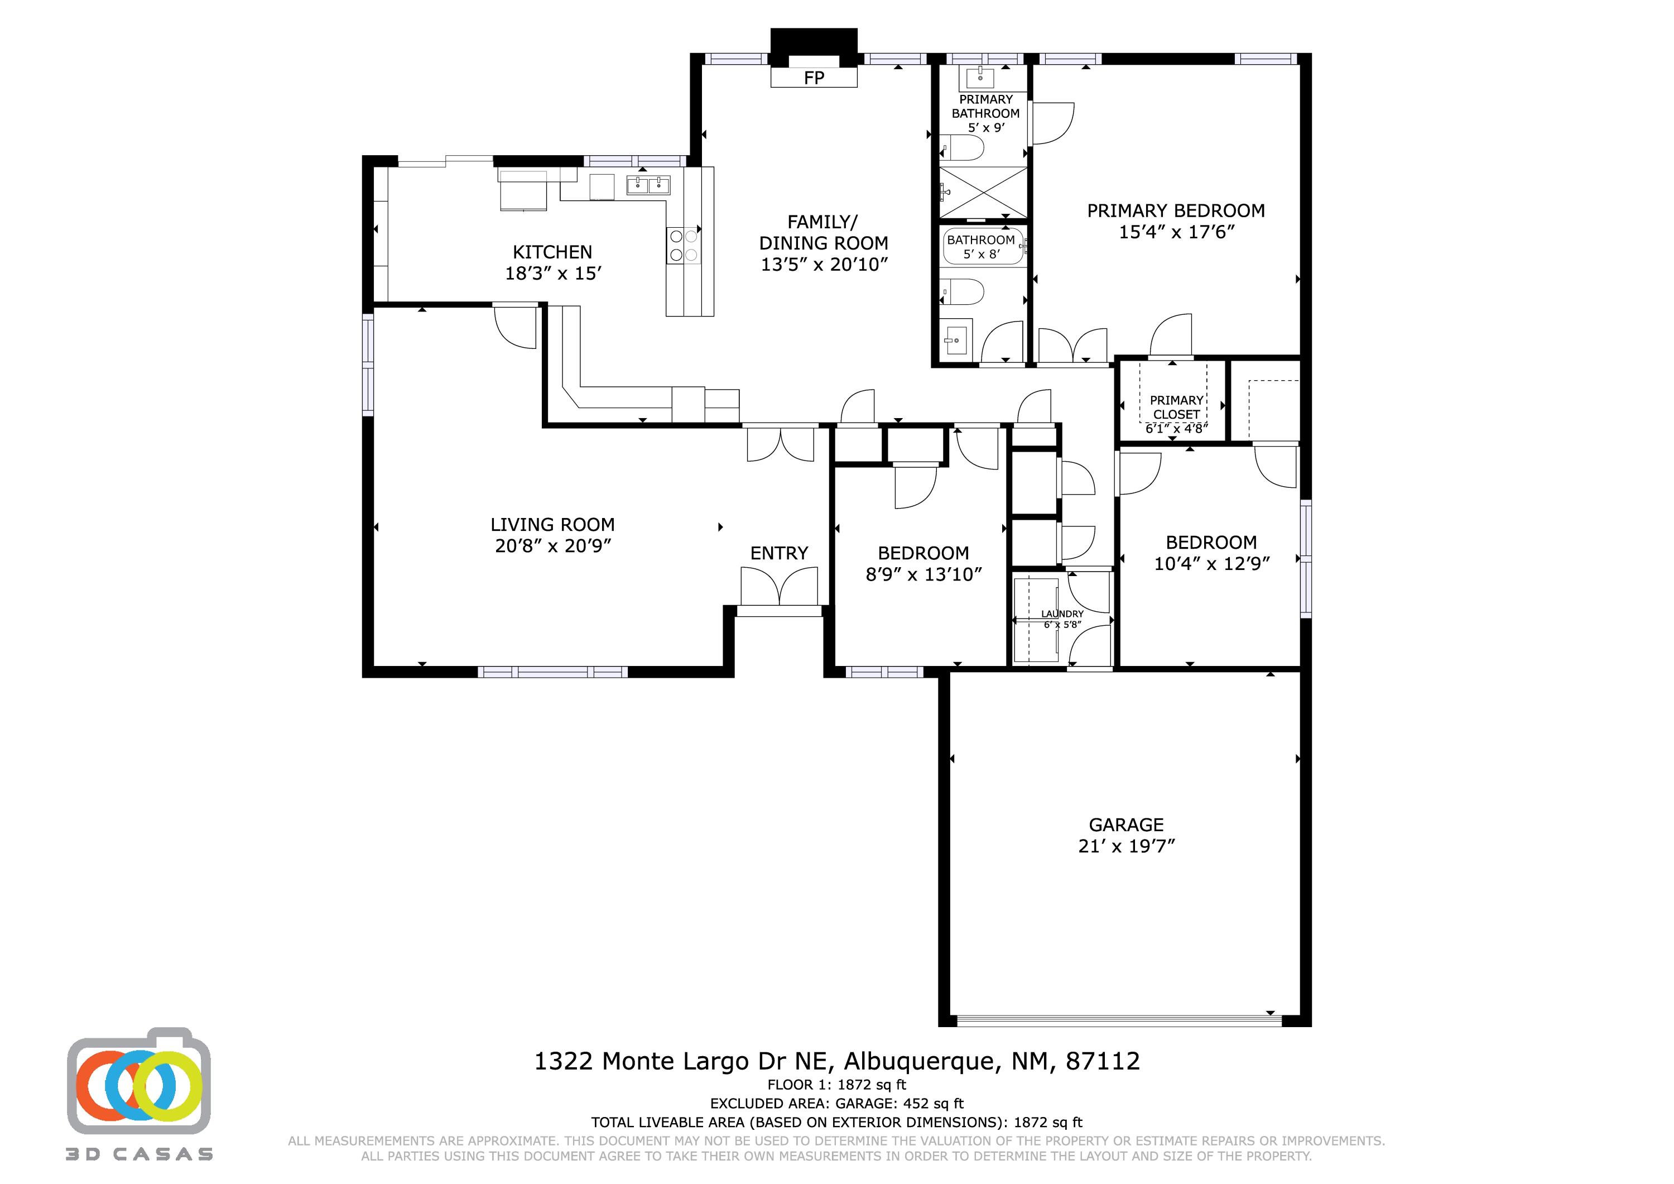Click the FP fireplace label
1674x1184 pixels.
814,78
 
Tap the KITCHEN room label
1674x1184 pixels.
552,252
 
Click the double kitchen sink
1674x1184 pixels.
648,185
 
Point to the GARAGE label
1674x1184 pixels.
1125,825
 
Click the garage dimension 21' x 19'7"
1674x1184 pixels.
1125,846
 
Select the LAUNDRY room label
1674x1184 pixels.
1061,614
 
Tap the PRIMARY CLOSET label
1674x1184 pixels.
1176,407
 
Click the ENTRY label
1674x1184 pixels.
778,553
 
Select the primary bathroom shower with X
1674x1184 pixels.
982,192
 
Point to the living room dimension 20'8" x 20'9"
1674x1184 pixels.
552,546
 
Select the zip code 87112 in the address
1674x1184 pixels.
1103,1061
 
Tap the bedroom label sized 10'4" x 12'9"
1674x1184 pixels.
1211,542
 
